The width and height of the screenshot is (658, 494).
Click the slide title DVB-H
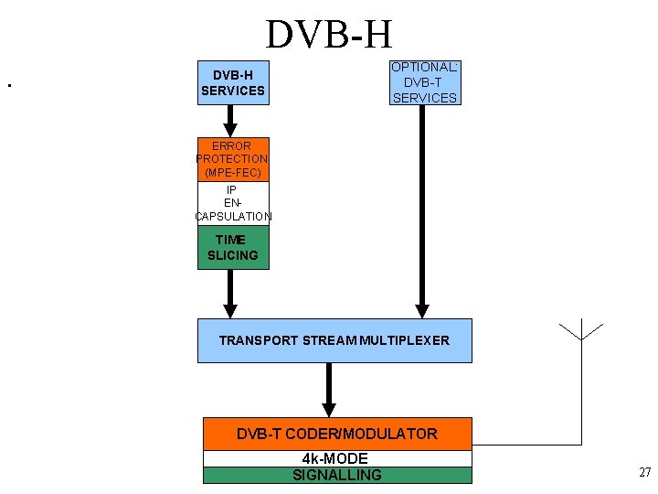329,34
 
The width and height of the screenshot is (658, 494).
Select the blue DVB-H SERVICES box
233,83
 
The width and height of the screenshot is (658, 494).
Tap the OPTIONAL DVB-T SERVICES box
424,83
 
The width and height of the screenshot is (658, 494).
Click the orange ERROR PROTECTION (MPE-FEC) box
233,159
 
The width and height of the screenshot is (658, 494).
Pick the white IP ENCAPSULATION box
233,203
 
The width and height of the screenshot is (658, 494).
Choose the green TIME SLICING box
233,248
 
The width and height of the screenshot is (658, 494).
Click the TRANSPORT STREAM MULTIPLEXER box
334,340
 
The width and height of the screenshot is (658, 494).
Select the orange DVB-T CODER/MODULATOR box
337,434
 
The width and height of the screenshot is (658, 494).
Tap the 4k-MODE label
335,458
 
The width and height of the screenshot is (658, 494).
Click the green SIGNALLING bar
337,475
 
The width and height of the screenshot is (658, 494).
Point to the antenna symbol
580,331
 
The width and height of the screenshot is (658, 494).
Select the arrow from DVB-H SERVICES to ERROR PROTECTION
230,120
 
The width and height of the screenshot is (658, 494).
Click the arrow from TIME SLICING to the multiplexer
230,293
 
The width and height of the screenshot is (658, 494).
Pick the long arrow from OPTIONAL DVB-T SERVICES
421,210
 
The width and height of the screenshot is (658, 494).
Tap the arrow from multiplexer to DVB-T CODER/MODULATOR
329,390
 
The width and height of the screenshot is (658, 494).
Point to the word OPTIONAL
424,67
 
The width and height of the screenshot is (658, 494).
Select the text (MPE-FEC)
232,172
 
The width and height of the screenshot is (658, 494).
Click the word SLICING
233,255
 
